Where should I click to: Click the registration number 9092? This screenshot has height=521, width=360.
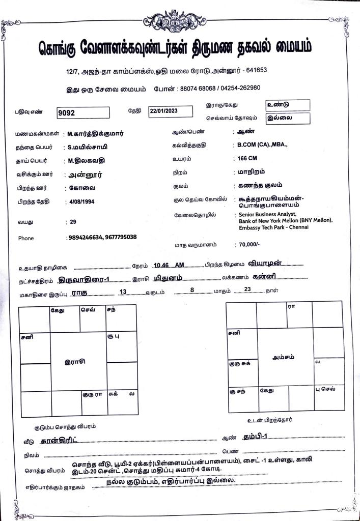point(67,113)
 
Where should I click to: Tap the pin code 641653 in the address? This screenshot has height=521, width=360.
point(255,70)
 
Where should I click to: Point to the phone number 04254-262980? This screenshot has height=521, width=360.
point(241,88)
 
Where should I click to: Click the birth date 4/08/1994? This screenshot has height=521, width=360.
point(81,202)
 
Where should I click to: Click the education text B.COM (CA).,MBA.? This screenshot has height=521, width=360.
point(263,145)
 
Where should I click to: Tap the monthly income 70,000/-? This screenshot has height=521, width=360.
point(249,244)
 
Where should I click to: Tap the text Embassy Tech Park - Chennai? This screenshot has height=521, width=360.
point(273,227)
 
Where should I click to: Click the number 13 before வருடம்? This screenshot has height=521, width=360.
point(122,292)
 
